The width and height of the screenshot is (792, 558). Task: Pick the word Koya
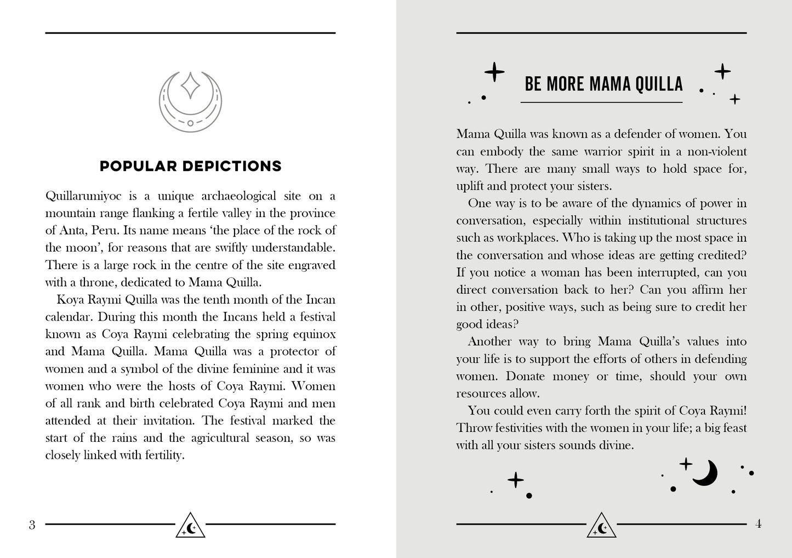click(69, 300)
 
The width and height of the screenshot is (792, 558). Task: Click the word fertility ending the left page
click(162, 455)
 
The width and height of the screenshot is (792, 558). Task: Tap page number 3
click(32, 525)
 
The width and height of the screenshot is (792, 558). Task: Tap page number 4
click(759, 524)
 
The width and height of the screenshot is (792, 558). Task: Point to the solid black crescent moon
click(706, 472)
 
